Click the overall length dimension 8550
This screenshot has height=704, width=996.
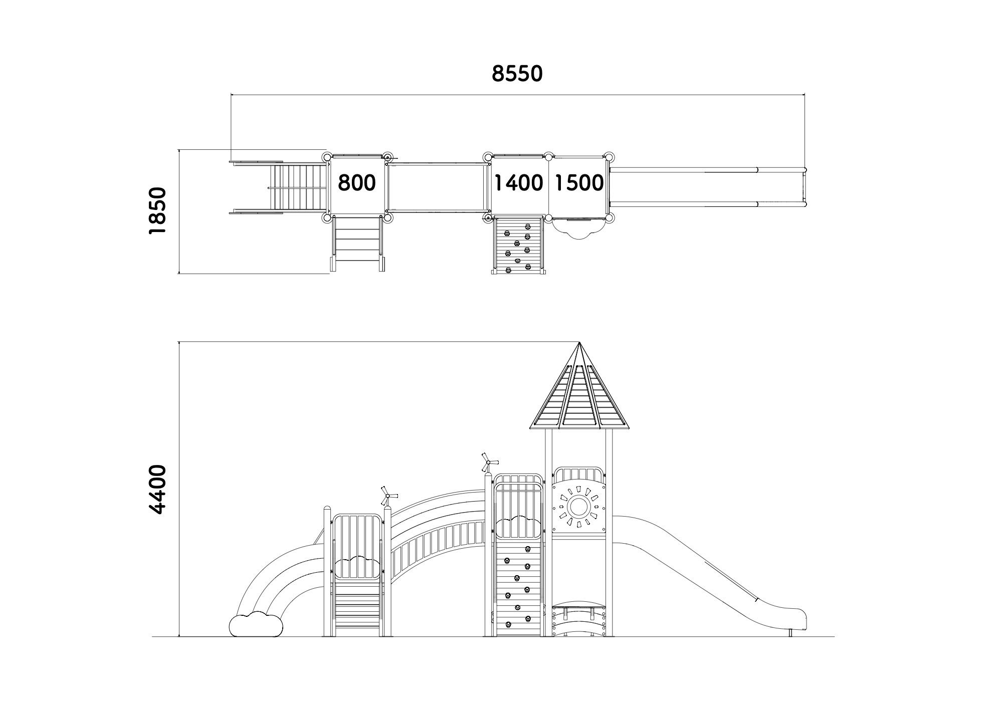(517, 74)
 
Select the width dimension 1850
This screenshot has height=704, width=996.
(157, 210)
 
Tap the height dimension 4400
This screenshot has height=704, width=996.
(157, 489)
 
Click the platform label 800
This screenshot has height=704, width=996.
(356, 183)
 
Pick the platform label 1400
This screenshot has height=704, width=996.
(519, 183)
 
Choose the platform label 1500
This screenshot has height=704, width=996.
(579, 183)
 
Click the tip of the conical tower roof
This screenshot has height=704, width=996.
(579, 342)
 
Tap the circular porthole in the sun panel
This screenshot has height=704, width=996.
(579, 507)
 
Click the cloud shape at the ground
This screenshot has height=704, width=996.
(256, 624)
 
